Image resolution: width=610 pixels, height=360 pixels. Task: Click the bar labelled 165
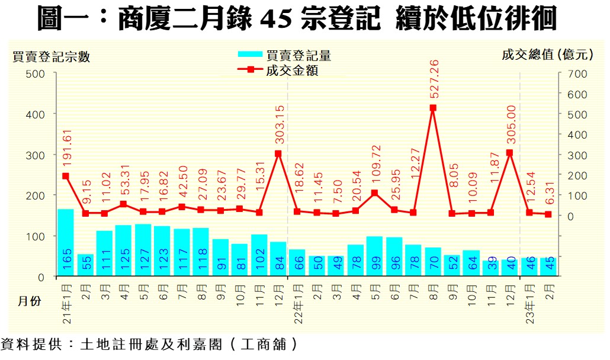(66, 243)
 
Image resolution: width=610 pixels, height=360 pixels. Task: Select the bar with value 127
(143, 250)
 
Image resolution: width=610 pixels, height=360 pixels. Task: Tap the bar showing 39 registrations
(490, 268)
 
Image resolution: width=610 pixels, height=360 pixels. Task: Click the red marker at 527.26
(432, 108)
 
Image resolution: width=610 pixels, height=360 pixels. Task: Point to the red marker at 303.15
(278, 154)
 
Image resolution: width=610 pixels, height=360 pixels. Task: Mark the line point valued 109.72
(374, 193)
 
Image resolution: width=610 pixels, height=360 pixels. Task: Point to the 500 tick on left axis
(37, 73)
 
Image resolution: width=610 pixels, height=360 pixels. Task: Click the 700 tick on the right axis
(577, 73)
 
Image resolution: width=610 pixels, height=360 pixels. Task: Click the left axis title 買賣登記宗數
(52, 57)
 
